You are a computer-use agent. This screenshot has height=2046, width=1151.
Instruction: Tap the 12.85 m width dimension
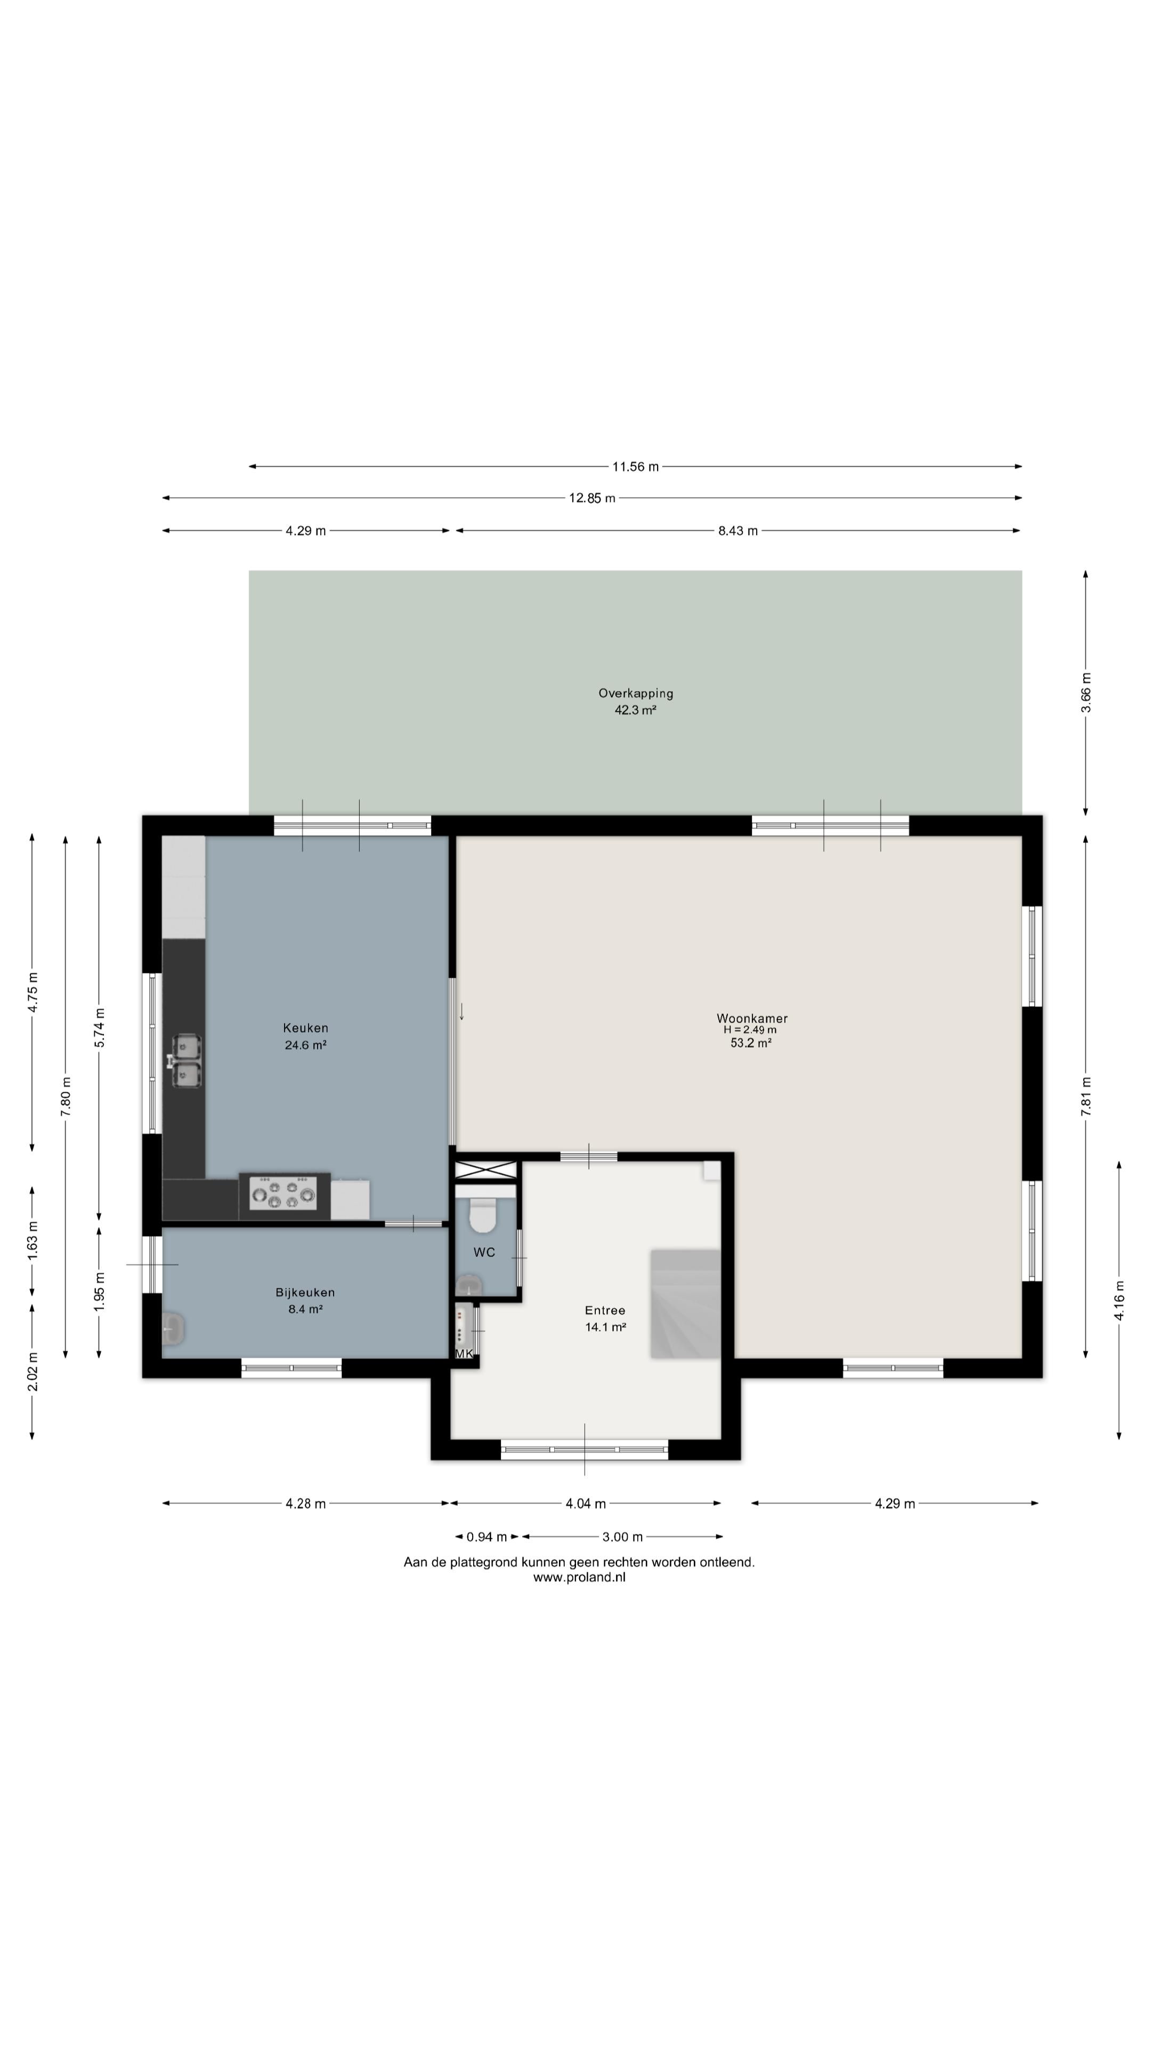click(x=592, y=499)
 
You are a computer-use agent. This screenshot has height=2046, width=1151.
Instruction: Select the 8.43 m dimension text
click(x=738, y=531)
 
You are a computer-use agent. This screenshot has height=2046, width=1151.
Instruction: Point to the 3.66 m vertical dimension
click(x=1086, y=693)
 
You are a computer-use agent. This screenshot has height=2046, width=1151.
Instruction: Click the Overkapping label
click(x=636, y=693)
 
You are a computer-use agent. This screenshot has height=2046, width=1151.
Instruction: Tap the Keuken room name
click(x=306, y=1028)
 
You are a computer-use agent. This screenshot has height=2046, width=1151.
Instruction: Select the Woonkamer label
click(x=752, y=1018)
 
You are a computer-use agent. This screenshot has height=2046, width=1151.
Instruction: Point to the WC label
click(x=484, y=1253)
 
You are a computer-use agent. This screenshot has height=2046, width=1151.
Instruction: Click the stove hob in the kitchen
click(x=283, y=1193)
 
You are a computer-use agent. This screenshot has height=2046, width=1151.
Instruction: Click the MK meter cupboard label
click(x=464, y=1353)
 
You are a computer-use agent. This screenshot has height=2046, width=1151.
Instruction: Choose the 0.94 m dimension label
click(x=486, y=1537)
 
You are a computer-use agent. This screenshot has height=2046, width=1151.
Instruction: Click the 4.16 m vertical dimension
click(x=1119, y=1301)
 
